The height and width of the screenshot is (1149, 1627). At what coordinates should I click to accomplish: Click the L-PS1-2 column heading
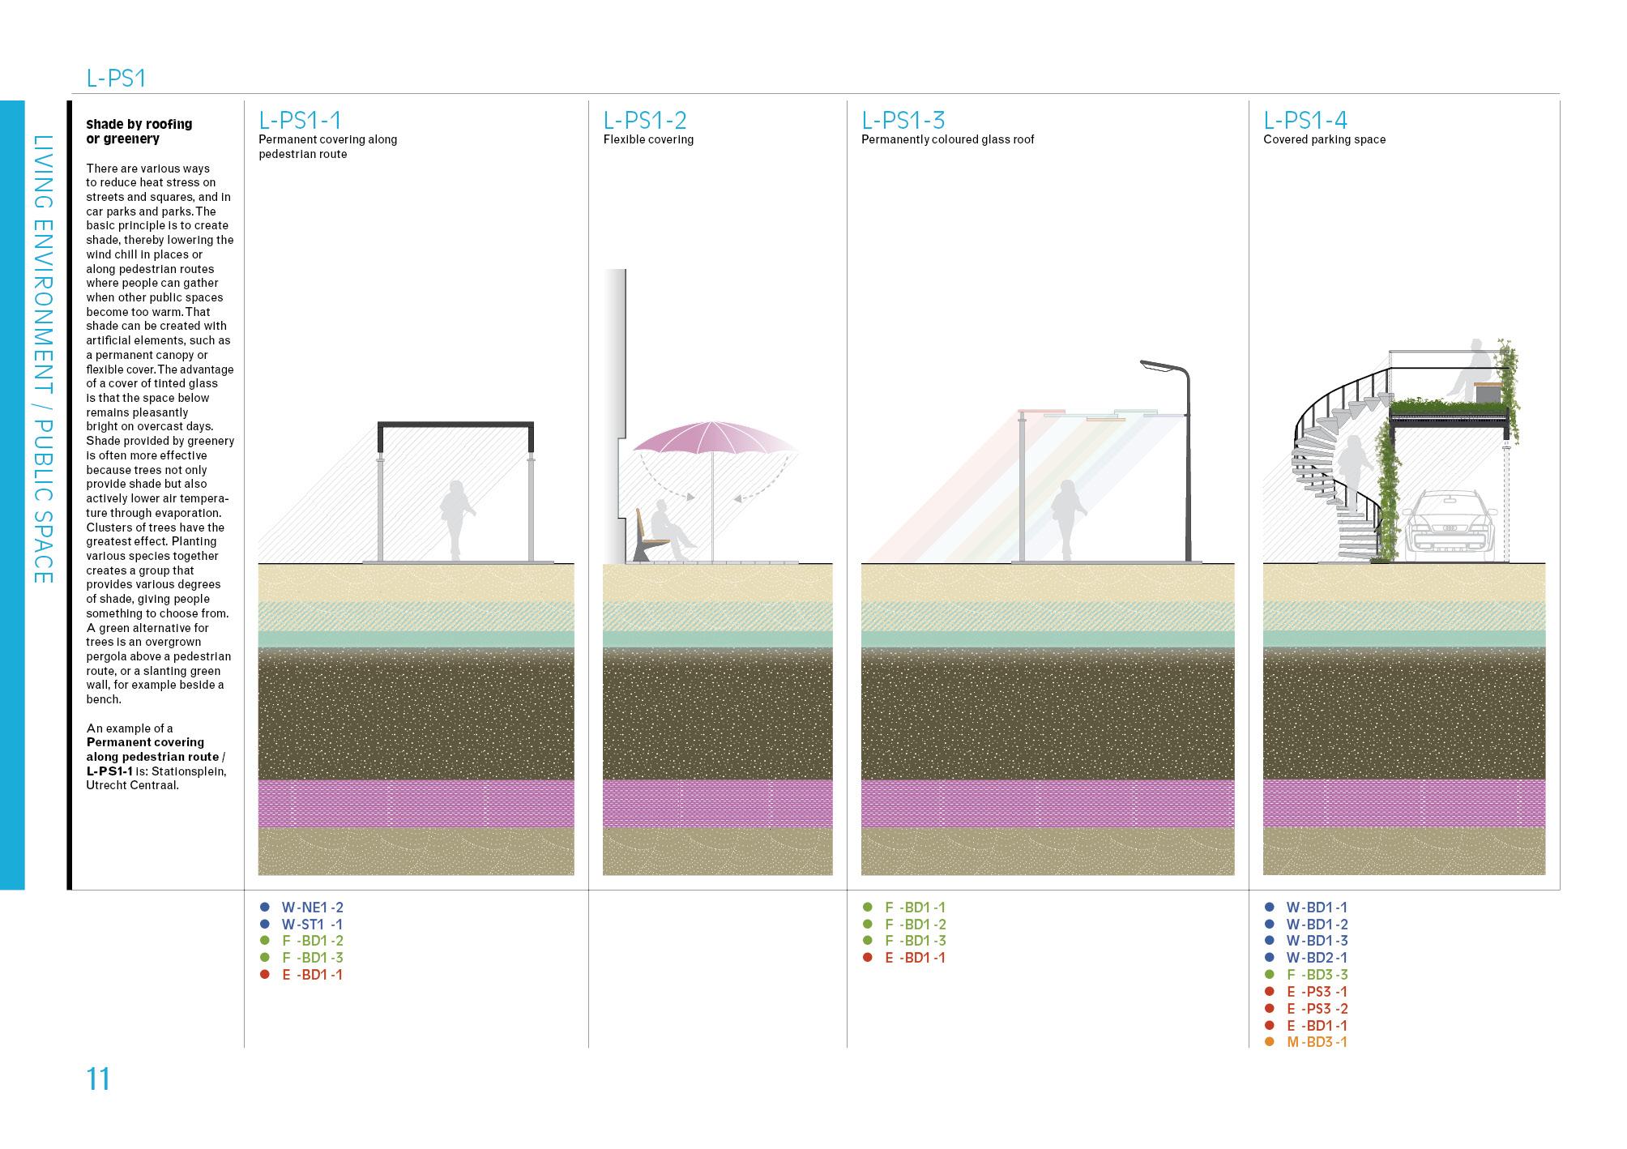pos(645,120)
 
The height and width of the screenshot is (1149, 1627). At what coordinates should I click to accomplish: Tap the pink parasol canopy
pos(713,438)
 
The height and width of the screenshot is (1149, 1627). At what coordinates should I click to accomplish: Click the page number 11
pos(98,1079)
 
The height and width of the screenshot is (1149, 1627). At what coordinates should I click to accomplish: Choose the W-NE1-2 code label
pos(312,908)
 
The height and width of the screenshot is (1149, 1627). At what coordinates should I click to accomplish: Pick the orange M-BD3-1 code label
pos(1317,1042)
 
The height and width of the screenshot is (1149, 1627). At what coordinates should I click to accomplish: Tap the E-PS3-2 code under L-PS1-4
pos(1317,1009)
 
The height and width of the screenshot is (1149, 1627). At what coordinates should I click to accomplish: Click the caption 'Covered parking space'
pos(1324,139)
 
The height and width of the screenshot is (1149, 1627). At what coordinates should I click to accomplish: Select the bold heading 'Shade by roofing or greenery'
pos(139,131)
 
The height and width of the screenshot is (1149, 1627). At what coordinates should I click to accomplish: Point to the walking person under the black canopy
pos(454,519)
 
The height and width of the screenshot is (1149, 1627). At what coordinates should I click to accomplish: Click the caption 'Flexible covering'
pos(648,139)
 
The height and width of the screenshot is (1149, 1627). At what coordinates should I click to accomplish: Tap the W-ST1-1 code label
pos(312,925)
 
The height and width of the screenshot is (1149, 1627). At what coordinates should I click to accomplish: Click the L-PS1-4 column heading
pos(1305,120)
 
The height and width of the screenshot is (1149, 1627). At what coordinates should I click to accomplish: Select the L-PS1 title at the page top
pos(116,79)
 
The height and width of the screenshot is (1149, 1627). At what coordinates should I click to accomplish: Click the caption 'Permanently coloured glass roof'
pos(947,139)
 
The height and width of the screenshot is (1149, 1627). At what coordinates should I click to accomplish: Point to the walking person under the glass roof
pos(1065,519)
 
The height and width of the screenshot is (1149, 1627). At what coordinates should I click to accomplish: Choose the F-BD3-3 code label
pos(1317,975)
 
